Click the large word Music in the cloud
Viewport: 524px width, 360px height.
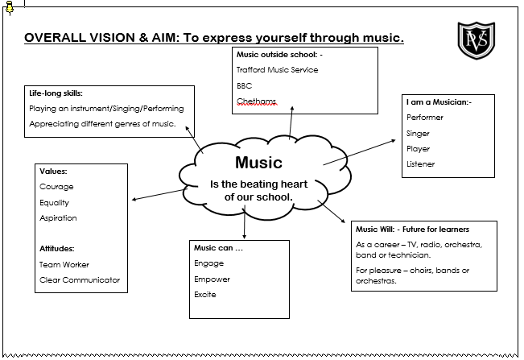258,163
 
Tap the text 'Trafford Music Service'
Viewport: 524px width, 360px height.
277,70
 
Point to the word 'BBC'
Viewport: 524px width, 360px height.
244,85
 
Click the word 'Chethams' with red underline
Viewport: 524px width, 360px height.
256,101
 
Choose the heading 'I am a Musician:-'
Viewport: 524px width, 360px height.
439,102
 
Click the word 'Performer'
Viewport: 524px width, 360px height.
424,118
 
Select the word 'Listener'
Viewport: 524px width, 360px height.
420,164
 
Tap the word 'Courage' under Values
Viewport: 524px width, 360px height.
56,187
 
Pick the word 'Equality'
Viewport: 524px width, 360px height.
54,202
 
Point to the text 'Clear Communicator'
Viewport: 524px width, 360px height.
79,280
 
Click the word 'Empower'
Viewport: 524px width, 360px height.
212,279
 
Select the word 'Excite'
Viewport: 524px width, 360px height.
204,295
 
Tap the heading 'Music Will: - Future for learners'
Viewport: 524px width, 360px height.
412,230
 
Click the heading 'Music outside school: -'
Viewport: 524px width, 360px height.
279,55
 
